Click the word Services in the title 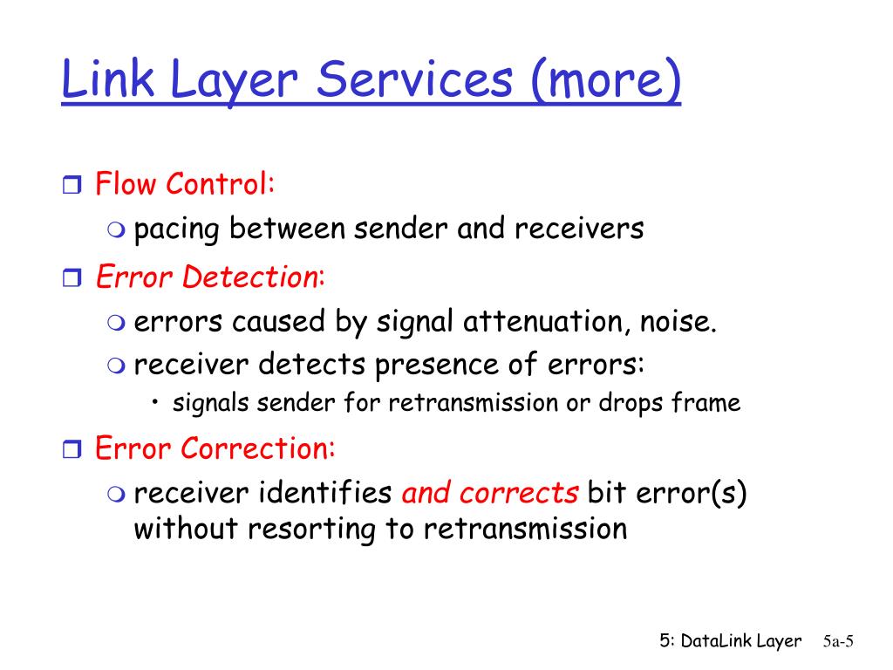pyautogui.click(x=414, y=80)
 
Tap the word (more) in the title pyautogui.click(x=603, y=80)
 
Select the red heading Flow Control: pyautogui.click(x=185, y=184)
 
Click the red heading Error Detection pyautogui.click(x=207, y=277)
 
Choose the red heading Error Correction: pyautogui.click(x=215, y=448)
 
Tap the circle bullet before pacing pyautogui.click(x=116, y=230)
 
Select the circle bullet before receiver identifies pyautogui.click(x=116, y=495)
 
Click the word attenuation pyautogui.click(x=537, y=322)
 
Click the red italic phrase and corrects pyautogui.click(x=489, y=493)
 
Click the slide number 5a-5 pyautogui.click(x=837, y=642)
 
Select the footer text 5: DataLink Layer pyautogui.click(x=730, y=641)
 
